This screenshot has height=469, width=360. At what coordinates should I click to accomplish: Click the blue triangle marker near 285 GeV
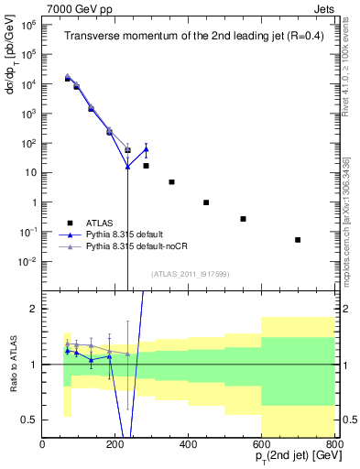coord(146,149)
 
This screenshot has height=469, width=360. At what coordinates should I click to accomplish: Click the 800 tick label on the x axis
coord(334,445)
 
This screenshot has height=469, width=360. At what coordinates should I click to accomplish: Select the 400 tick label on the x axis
coord(189,445)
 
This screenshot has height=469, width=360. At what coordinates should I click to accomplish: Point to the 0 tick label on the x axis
coord(43,445)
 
